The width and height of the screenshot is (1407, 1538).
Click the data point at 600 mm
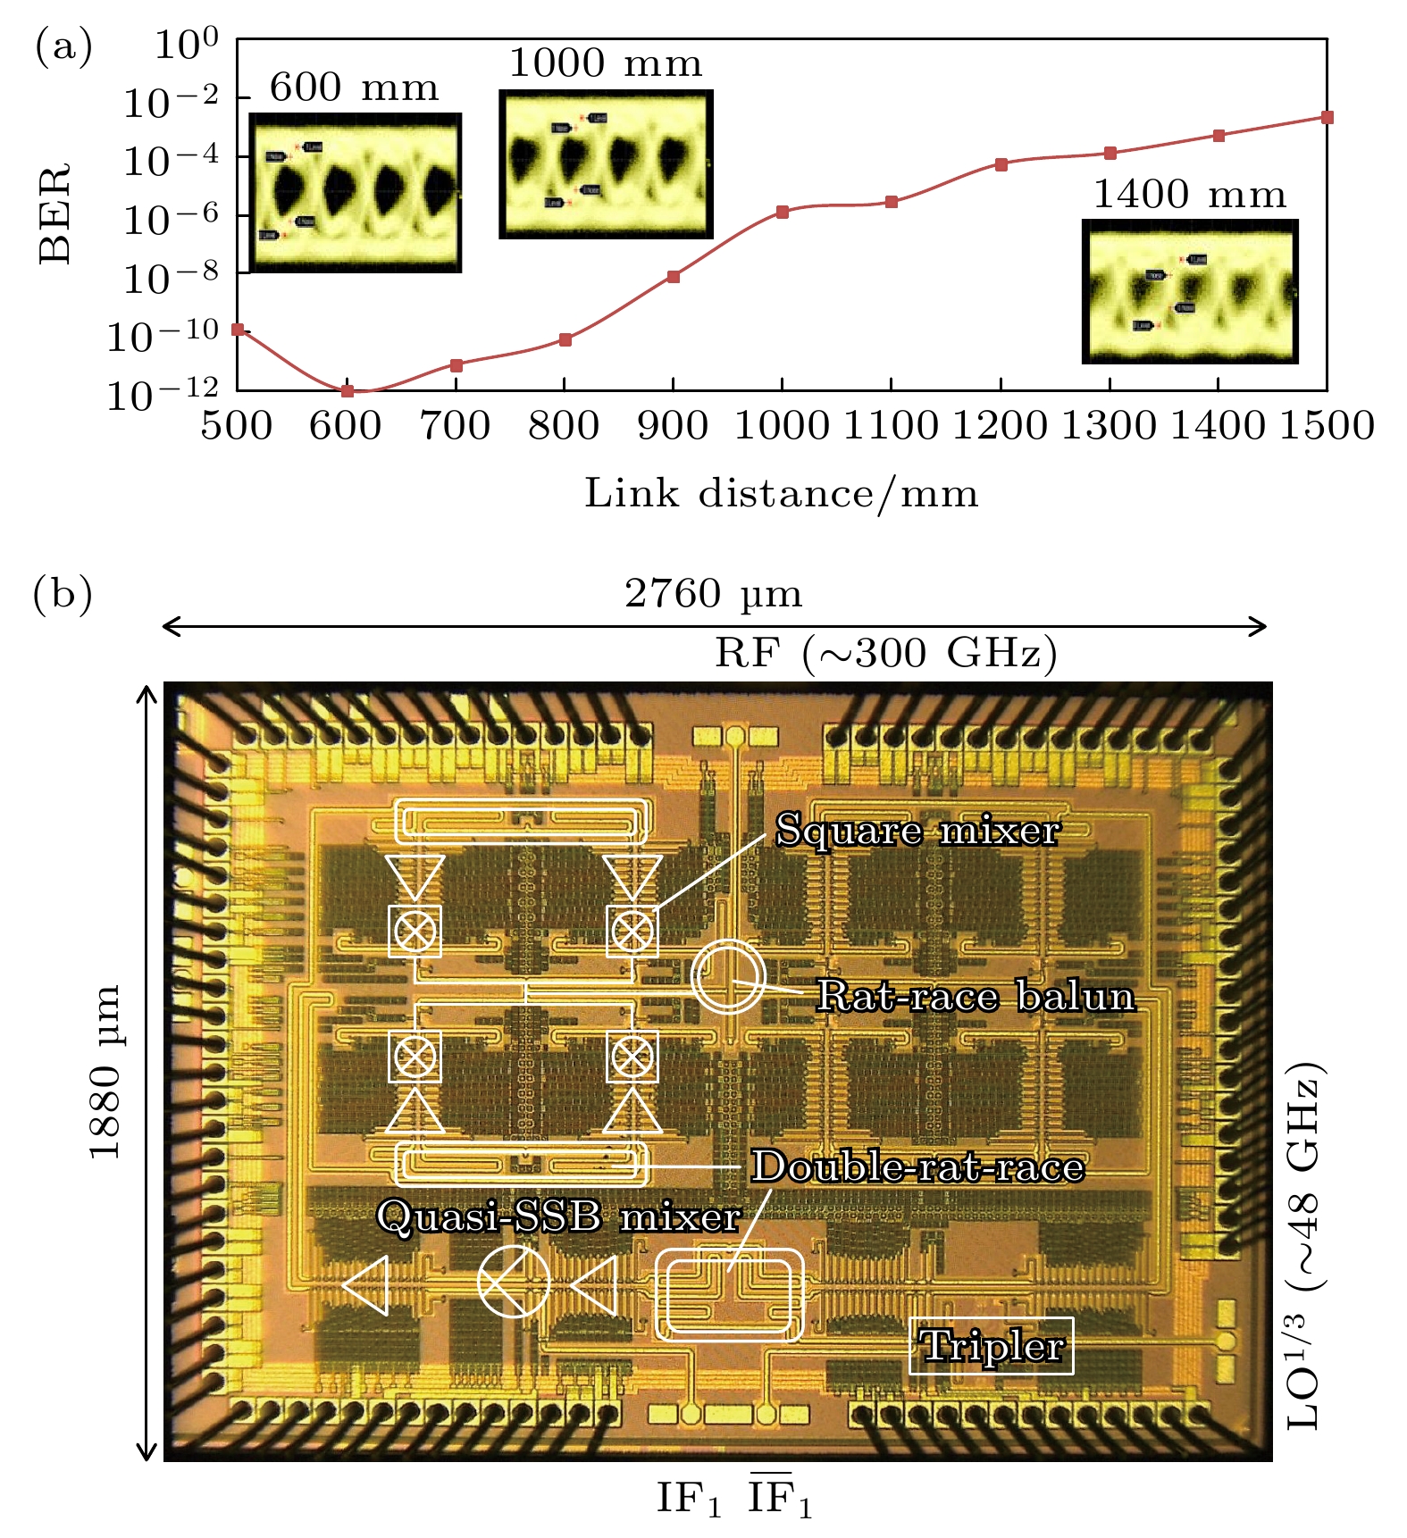[348, 391]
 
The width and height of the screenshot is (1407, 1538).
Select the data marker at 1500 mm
[1327, 117]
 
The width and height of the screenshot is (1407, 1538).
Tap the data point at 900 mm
[674, 277]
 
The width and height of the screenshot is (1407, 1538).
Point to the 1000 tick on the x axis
[783, 426]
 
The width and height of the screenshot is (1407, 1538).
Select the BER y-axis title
[56, 213]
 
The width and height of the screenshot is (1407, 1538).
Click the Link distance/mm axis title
[782, 494]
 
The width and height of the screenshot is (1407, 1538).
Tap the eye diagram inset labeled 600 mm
[355, 192]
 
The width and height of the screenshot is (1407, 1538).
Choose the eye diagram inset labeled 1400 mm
[1190, 291]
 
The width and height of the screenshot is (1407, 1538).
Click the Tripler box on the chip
[992, 1346]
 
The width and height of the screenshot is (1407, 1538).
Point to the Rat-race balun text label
[976, 996]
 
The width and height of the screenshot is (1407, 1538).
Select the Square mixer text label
[917, 831]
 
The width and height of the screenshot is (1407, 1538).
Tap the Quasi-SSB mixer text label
[559, 1216]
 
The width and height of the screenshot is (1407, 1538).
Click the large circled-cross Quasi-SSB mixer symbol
[514, 1282]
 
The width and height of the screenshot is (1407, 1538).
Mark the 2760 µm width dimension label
[713, 594]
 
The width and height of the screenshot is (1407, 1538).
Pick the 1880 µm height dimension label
[105, 1072]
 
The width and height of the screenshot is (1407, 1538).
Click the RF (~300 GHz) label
[885, 654]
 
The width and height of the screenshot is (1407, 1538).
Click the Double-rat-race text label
[917, 1166]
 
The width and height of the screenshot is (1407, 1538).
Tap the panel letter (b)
[63, 594]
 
